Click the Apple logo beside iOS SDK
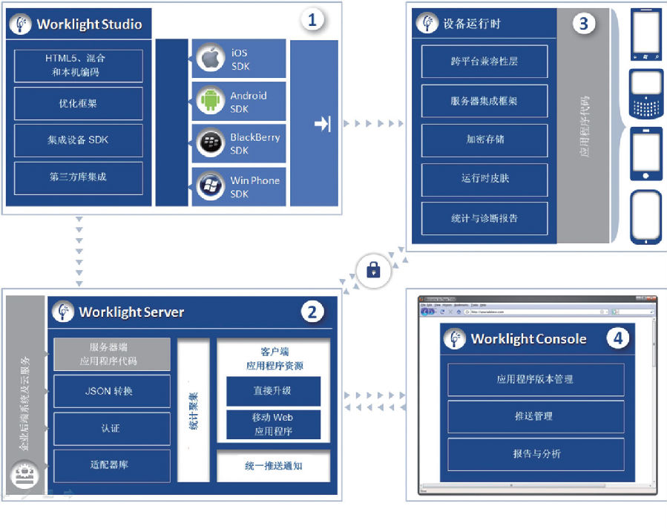(x=211, y=58)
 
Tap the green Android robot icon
(x=211, y=101)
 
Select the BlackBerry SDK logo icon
(x=211, y=143)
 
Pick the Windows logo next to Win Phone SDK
(x=211, y=185)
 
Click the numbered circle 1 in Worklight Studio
(x=312, y=20)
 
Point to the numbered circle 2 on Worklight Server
(x=312, y=312)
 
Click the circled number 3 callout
(x=583, y=23)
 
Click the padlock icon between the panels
(x=373, y=271)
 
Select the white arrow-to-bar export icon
(x=322, y=124)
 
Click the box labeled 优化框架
(x=78, y=104)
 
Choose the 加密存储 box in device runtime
(x=484, y=139)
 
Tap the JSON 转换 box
(x=111, y=391)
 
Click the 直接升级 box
(x=273, y=390)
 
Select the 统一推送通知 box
(x=273, y=466)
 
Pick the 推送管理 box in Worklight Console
(x=536, y=416)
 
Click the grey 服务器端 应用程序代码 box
(x=111, y=354)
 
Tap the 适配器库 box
(x=111, y=465)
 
